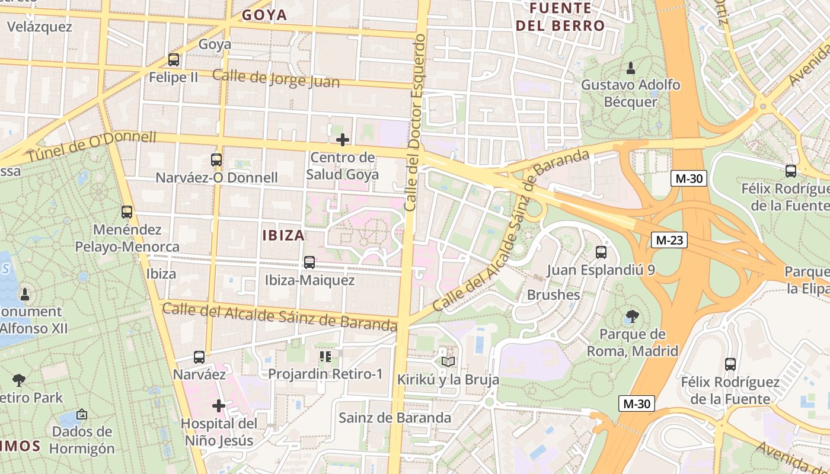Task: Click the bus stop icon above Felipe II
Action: (173, 59)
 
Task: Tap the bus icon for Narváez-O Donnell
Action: (216, 159)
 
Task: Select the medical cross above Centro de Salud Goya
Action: (343, 140)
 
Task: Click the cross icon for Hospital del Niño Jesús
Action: (219, 406)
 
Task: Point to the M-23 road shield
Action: (669, 240)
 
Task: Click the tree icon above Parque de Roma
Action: (633, 316)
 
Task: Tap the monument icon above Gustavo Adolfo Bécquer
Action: (631, 68)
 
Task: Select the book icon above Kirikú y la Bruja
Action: (448, 361)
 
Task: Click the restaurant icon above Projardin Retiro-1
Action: (325, 356)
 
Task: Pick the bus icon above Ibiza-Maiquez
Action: (309, 262)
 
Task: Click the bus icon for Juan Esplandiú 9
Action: (601, 252)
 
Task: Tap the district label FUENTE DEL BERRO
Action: (560, 17)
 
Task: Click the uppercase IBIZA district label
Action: (283, 235)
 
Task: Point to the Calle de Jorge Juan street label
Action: (276, 78)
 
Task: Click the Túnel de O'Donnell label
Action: (91, 147)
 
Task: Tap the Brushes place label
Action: (553, 294)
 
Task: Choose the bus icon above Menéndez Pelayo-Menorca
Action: (127, 212)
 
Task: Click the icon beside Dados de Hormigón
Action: (82, 414)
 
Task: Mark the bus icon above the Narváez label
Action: (199, 357)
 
